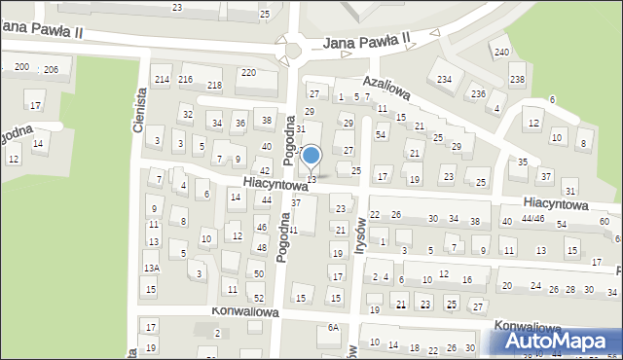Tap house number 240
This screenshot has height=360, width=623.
point(501,52)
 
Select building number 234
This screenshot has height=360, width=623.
point(444,79)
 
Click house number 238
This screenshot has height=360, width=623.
point(517,79)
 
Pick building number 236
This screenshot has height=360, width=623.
point(478,93)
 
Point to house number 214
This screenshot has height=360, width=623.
point(162,79)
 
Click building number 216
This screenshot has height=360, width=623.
point(185,79)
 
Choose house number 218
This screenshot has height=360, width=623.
point(214,86)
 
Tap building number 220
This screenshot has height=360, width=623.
point(248,73)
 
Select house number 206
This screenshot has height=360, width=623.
point(51,69)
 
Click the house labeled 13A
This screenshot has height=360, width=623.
point(150,268)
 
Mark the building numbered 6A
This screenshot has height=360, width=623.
point(333,328)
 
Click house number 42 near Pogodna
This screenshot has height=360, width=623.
point(265,170)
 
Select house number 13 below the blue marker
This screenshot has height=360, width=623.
point(311,179)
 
